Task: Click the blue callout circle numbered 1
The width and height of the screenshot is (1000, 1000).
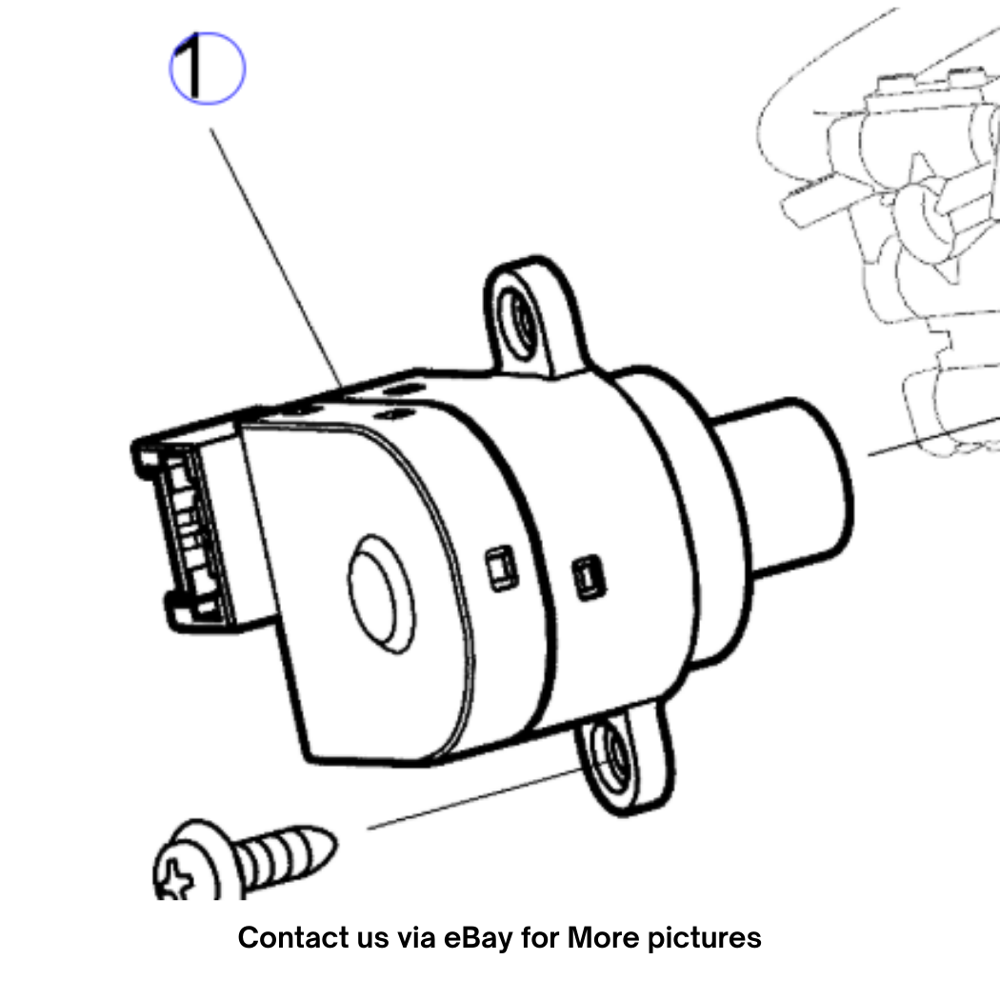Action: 208,69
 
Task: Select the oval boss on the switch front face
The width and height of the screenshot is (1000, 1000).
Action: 381,594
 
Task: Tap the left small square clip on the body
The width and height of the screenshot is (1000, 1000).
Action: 501,568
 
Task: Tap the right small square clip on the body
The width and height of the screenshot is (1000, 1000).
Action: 589,578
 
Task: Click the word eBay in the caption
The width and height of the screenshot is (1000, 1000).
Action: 478,938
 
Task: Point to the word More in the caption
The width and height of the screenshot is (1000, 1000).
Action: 603,937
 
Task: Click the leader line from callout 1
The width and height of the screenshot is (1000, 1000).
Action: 276,258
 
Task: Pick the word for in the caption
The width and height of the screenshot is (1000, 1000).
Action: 540,937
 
